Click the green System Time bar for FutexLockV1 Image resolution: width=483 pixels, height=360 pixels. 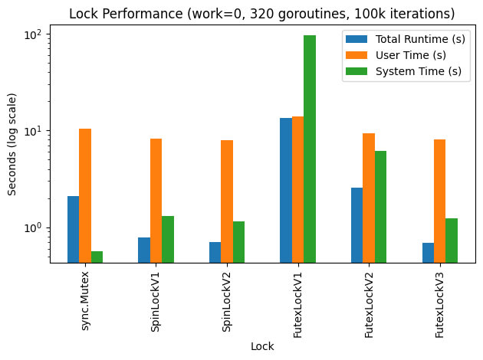pyautogui.click(x=310, y=149)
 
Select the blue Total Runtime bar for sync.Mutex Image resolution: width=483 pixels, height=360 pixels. pyautogui.click(x=73, y=230)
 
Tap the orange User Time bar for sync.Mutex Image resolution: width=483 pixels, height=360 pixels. pyautogui.click(x=85, y=196)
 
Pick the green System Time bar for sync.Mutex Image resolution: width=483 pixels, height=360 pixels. pyautogui.click(x=97, y=257)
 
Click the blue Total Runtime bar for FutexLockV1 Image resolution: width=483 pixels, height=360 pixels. pyautogui.click(x=286, y=190)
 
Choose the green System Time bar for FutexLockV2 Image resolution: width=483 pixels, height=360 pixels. pyautogui.click(x=380, y=207)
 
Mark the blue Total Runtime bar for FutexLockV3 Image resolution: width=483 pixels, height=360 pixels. pyautogui.click(x=428, y=253)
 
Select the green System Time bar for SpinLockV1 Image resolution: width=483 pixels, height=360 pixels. pyautogui.click(x=168, y=239)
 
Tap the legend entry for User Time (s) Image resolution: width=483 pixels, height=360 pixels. pyautogui.click(x=406, y=55)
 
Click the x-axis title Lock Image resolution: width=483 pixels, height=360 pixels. pyautogui.click(x=262, y=346)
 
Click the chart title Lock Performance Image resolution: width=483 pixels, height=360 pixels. pyautogui.click(x=262, y=13)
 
